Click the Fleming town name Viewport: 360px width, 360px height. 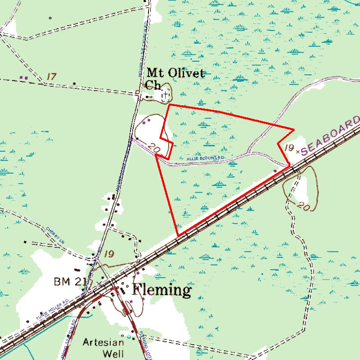click(x=162, y=290)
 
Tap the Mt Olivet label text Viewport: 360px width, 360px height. click(x=175, y=73)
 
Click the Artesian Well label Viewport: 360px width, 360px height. click(x=103, y=347)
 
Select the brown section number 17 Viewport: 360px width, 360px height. click(x=51, y=76)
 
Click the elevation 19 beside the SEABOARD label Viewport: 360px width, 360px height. click(x=289, y=148)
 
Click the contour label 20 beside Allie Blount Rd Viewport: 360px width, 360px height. click(x=153, y=148)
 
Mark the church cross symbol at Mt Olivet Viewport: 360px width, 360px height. click(x=166, y=94)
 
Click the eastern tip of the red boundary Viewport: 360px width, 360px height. click(x=294, y=130)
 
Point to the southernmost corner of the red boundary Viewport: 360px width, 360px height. click(x=179, y=235)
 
